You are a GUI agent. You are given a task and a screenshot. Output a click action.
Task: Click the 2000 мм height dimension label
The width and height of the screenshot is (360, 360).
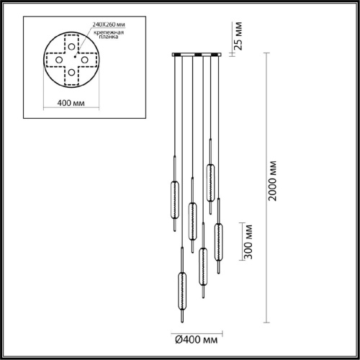273,181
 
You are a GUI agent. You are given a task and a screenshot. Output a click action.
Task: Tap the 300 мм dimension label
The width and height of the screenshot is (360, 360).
248,242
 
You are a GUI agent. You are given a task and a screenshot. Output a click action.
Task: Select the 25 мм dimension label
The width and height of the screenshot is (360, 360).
238,36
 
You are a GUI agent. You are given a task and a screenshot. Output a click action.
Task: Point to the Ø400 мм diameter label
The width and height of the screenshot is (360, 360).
197,340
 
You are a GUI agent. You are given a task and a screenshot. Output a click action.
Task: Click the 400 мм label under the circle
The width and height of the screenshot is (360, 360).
71,103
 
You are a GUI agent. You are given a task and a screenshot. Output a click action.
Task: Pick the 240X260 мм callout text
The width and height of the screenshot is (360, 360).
109,24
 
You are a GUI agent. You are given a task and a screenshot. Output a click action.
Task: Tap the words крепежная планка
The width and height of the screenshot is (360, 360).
109,35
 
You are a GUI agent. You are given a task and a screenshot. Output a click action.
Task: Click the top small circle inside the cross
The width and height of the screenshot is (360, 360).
71,46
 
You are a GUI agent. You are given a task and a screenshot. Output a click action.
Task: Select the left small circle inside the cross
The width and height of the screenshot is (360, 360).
59,60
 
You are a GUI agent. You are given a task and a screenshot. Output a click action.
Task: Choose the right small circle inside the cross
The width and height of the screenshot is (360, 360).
84,60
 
